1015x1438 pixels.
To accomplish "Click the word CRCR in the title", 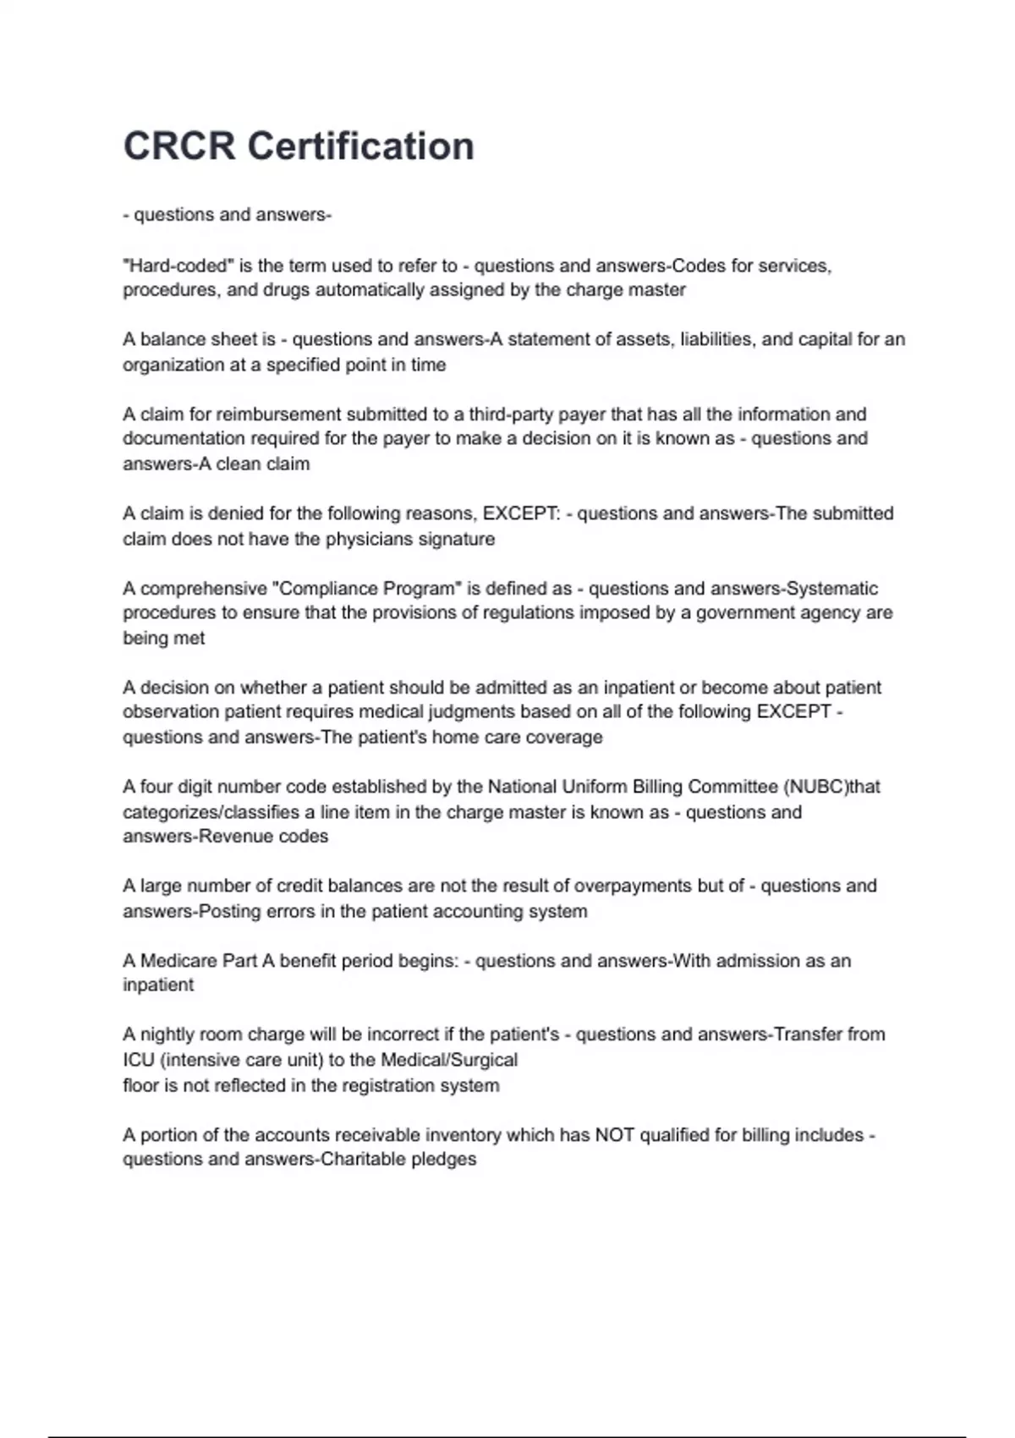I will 179,146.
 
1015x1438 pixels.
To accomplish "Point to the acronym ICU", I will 138,1060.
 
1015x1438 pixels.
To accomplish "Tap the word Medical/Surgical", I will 449,1060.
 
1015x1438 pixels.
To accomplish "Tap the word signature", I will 453,539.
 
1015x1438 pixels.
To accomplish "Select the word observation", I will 171,711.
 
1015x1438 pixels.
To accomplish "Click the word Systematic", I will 832,588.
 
